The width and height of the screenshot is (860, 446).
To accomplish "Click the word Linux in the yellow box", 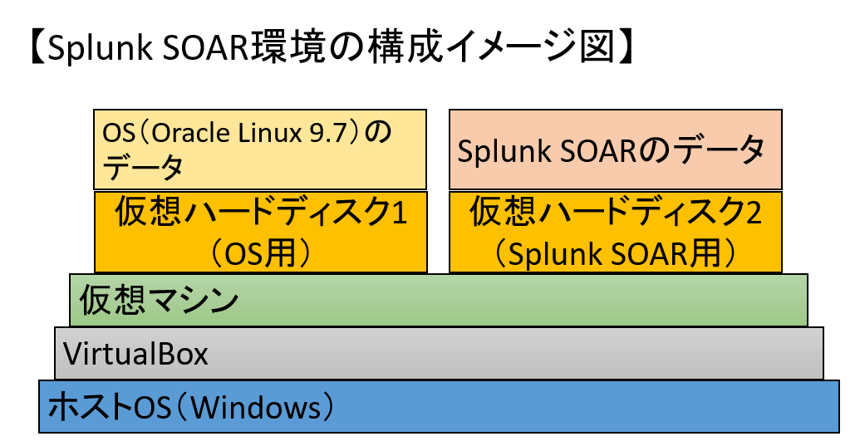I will pyautogui.click(x=268, y=132).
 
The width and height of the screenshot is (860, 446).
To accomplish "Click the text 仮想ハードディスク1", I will pyautogui.click(x=261, y=213).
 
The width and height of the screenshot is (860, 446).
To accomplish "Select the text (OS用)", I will pyautogui.click(x=261, y=252).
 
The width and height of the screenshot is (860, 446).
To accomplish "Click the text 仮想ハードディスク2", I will pyautogui.click(x=616, y=213).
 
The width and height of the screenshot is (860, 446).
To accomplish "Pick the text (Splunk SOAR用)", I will pyautogui.click(x=616, y=252).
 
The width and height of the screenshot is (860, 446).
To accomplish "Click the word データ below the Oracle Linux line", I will pyautogui.click(x=142, y=169).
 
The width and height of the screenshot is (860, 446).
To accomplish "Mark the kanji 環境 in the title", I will pyautogui.click(x=292, y=47).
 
